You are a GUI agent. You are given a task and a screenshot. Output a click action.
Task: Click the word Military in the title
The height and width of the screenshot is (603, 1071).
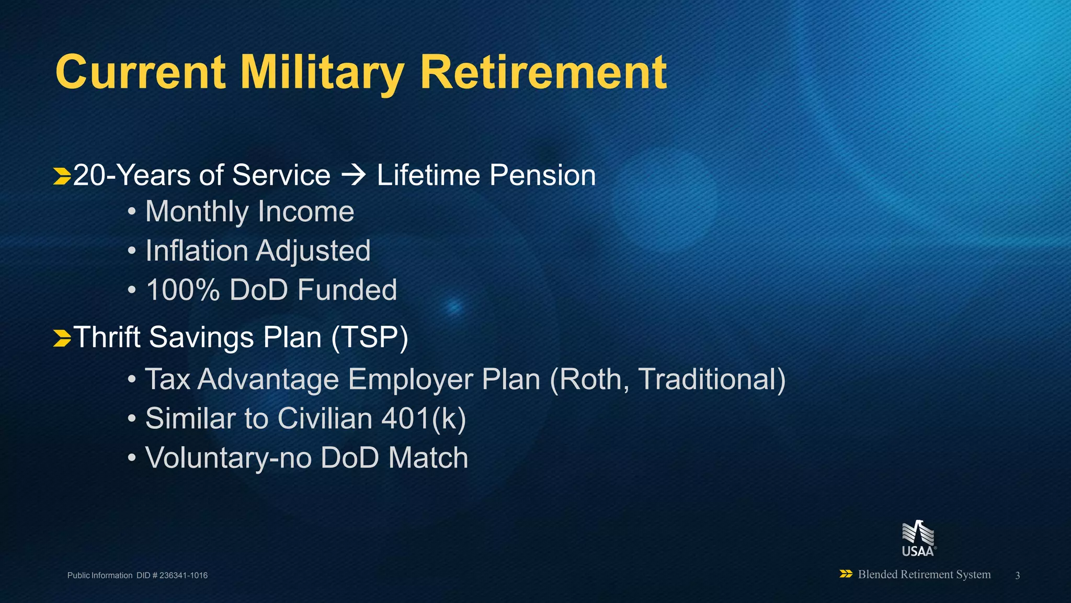click(322, 73)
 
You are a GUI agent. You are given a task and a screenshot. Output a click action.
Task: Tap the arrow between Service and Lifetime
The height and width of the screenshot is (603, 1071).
click(354, 175)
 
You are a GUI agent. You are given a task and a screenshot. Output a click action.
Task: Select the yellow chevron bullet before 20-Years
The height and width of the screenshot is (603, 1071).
click(62, 176)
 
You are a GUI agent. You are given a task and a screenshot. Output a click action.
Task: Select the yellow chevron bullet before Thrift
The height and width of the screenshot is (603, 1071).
click(62, 338)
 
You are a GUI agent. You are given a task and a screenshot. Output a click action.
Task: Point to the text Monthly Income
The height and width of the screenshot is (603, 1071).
click(249, 212)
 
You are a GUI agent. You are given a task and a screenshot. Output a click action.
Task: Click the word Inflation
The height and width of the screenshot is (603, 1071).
click(196, 251)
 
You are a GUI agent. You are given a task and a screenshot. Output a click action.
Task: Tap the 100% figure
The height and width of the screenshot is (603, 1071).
click(183, 290)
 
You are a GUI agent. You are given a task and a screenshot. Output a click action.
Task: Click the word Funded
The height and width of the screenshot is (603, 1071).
click(347, 290)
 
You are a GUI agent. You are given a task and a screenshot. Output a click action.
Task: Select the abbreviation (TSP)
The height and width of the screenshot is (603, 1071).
click(369, 337)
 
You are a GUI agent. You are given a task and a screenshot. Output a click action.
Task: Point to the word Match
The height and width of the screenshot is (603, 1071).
click(428, 458)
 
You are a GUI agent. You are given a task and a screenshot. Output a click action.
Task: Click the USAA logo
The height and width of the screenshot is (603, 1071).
click(918, 538)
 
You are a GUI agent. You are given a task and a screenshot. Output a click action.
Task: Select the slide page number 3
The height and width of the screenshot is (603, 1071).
click(1017, 575)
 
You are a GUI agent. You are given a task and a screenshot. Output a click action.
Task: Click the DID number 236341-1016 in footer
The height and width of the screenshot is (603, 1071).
click(183, 575)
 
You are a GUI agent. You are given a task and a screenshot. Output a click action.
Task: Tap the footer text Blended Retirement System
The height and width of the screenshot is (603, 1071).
click(924, 574)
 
